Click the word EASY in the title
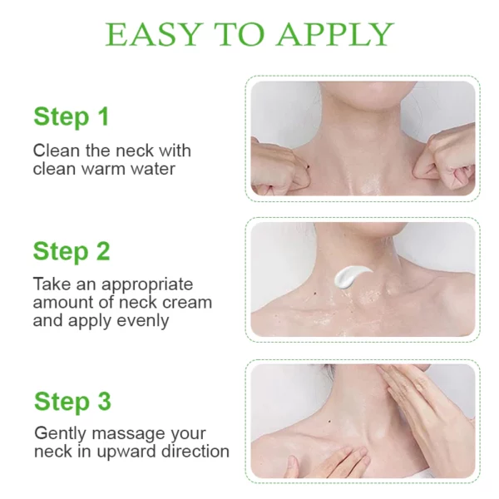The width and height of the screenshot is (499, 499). click(x=154, y=34)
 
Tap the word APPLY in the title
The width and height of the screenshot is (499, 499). click(x=335, y=34)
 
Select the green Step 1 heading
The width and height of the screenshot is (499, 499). click(x=72, y=117)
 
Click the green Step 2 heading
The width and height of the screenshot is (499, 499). click(x=72, y=251)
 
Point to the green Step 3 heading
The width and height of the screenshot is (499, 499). click(x=72, y=402)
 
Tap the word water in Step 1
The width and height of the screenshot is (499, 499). click(x=153, y=169)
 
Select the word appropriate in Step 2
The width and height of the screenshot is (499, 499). click(x=147, y=285)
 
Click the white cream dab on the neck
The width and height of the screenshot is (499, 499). click(x=351, y=276)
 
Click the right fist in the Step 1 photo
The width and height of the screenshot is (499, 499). click(x=446, y=162)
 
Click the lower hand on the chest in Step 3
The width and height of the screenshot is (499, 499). click(x=331, y=462)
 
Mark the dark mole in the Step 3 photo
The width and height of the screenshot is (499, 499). click(x=330, y=422)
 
